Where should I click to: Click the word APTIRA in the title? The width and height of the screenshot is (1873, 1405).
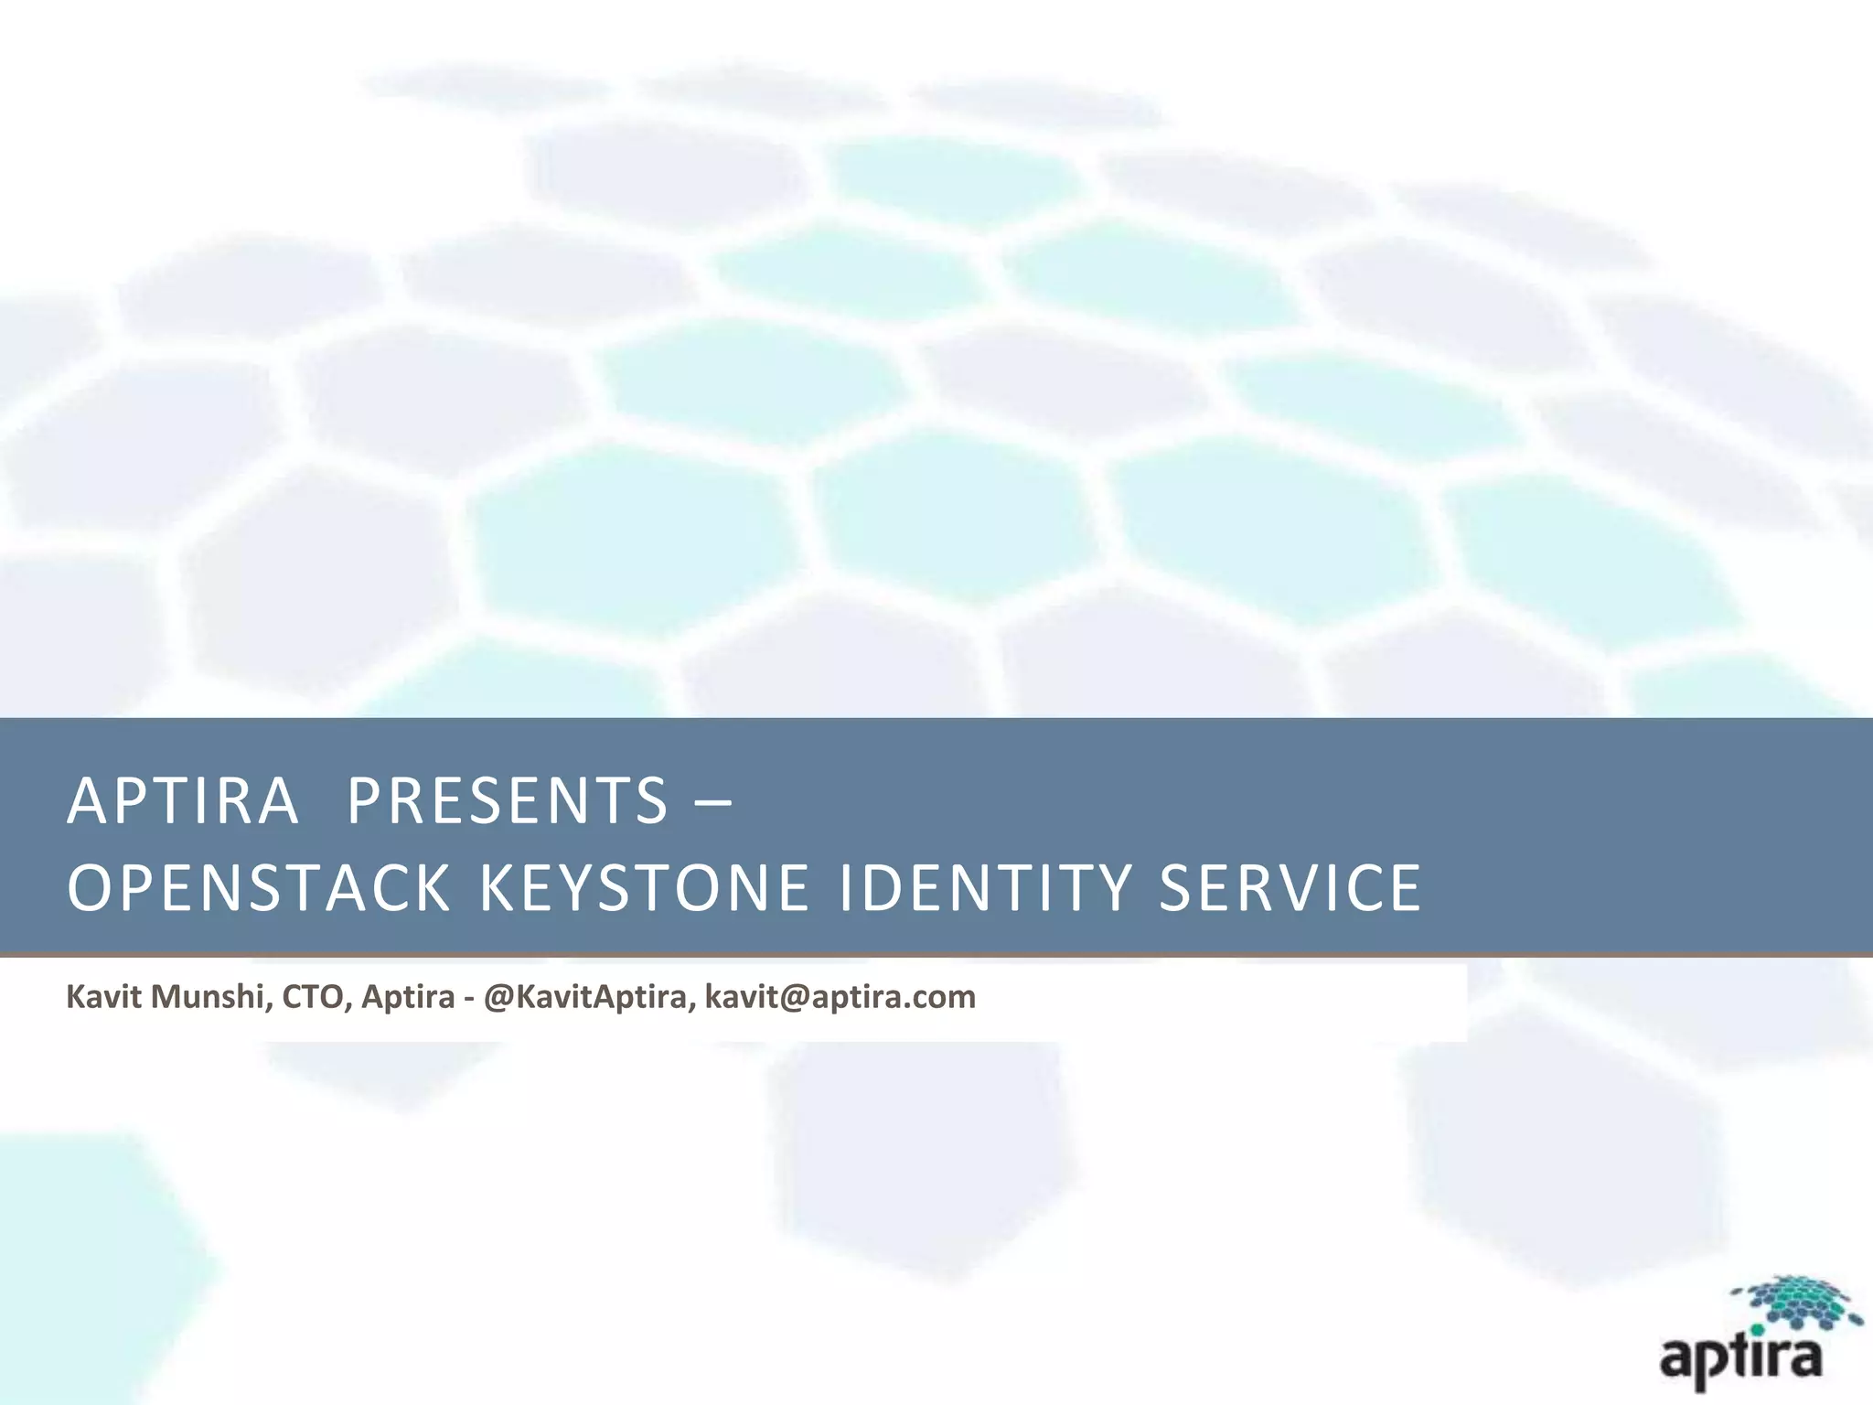click(x=183, y=801)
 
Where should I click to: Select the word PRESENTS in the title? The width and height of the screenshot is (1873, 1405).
click(x=508, y=801)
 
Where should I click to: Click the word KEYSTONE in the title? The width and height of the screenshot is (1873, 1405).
click(x=644, y=888)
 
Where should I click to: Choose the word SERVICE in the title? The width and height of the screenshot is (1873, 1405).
click(x=1290, y=888)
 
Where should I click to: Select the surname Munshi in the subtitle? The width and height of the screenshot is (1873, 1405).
click(x=209, y=996)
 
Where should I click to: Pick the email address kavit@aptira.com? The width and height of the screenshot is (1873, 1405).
click(x=840, y=996)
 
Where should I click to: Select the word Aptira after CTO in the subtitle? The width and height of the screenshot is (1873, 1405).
click(x=408, y=996)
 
